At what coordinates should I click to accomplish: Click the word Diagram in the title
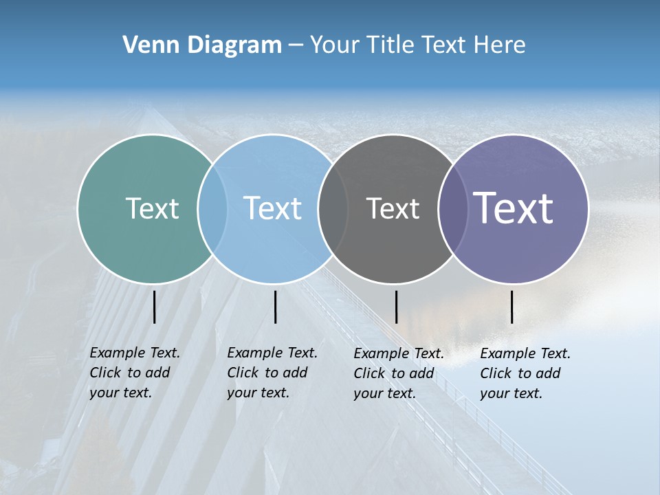point(234,45)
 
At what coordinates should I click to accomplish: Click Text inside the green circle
point(152,208)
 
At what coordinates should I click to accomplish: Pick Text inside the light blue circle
point(273,208)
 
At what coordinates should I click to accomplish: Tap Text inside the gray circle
point(393,208)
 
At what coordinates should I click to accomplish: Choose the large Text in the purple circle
point(514,208)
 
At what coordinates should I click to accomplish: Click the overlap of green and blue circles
point(212,208)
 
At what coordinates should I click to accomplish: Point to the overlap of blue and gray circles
point(333,208)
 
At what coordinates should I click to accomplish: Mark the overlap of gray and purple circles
point(452,208)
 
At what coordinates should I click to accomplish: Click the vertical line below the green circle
point(155,307)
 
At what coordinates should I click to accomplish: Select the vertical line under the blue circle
point(275,307)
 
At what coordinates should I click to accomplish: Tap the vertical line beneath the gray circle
point(396,307)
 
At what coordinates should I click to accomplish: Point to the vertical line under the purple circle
point(512,307)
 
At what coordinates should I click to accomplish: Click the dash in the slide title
point(296,45)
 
